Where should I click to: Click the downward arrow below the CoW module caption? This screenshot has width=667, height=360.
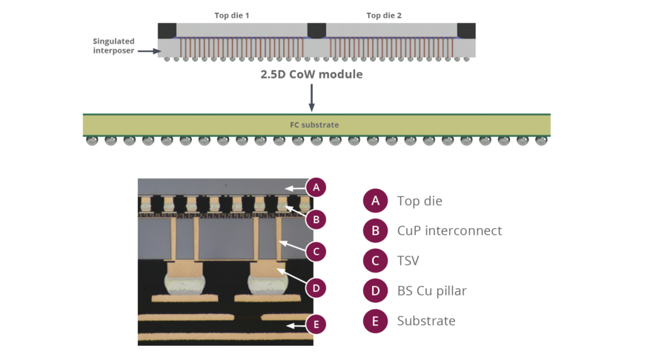click(x=311, y=98)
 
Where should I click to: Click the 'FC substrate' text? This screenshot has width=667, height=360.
click(x=314, y=125)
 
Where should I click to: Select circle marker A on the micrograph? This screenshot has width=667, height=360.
click(x=316, y=187)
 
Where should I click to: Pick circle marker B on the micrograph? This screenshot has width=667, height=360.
click(x=316, y=219)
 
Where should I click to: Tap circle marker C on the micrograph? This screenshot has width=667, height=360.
click(x=316, y=252)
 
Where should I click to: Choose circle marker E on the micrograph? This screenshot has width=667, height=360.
click(x=316, y=324)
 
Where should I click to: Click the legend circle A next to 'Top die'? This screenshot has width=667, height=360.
click(x=376, y=201)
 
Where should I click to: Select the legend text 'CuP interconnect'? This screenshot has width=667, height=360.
click(x=449, y=231)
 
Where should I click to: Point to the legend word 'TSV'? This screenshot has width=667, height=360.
click(x=409, y=261)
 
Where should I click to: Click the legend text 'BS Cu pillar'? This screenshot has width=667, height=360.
click(x=432, y=291)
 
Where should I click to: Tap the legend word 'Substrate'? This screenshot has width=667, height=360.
click(x=426, y=321)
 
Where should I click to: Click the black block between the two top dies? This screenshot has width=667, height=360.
click(x=317, y=30)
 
